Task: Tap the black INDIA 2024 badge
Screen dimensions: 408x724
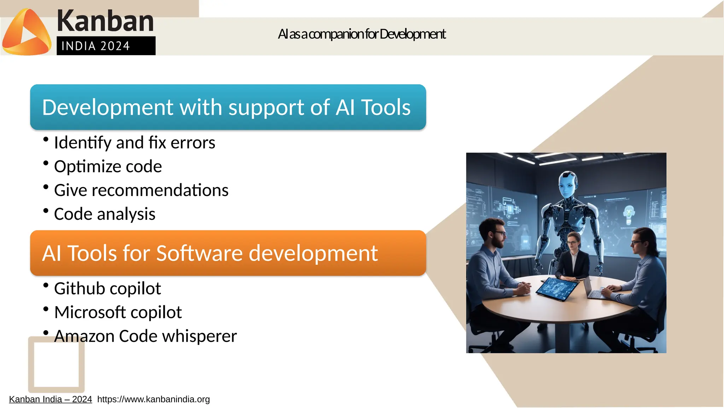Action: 106,46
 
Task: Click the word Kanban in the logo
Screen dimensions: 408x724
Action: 105,21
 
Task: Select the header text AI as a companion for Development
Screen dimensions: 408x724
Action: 361,34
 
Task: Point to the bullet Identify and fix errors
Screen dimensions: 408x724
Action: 134,143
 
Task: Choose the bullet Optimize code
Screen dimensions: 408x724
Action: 108,167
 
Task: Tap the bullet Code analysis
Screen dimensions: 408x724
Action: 105,214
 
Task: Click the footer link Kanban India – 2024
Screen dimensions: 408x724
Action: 50,400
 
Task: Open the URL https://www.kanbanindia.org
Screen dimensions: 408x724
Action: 153,400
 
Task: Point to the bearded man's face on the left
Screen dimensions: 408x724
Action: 498,235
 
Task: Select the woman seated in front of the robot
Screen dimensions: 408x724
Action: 573,257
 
